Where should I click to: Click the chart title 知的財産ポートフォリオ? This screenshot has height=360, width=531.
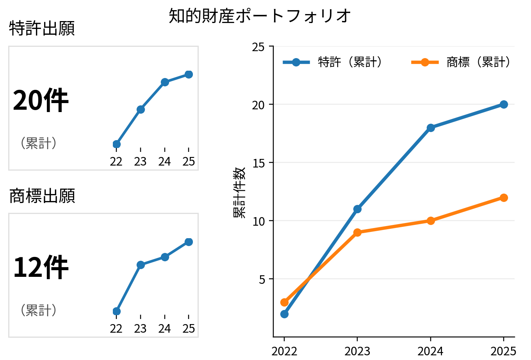pyautogui.click(x=260, y=16)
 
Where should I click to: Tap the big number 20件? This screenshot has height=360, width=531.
pyautogui.click(x=41, y=101)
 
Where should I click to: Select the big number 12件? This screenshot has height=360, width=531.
pyautogui.click(x=41, y=268)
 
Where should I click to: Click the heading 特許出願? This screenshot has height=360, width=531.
pyautogui.click(x=42, y=29)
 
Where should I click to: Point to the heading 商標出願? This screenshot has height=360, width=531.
pyautogui.click(x=42, y=196)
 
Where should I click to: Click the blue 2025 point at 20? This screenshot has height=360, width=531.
pyautogui.click(x=504, y=104)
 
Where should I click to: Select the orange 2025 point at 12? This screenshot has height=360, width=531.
pyautogui.click(x=504, y=198)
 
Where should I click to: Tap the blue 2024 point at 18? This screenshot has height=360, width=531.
pyautogui.click(x=431, y=128)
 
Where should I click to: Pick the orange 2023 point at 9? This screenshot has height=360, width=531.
pyautogui.click(x=357, y=232)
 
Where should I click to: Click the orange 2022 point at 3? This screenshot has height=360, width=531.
pyautogui.click(x=284, y=302)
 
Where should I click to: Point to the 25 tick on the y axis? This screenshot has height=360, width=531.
pyautogui.click(x=258, y=47)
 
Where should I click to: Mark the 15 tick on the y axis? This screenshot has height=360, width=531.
pyautogui.click(x=258, y=163)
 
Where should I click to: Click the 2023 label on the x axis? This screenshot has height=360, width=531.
pyautogui.click(x=357, y=351)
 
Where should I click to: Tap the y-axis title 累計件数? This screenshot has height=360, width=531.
pyautogui.click(x=239, y=192)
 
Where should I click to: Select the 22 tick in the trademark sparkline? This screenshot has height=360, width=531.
pyautogui.click(x=116, y=329)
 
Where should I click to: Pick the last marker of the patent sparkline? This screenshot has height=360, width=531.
pyautogui.click(x=189, y=74)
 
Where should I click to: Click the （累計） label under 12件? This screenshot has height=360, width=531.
pyautogui.click(x=39, y=310)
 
